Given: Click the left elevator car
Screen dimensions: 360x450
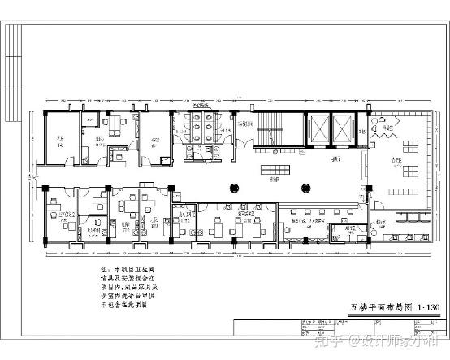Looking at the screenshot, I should click(x=318, y=128).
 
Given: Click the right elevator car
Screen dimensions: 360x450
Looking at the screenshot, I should click(x=344, y=128).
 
